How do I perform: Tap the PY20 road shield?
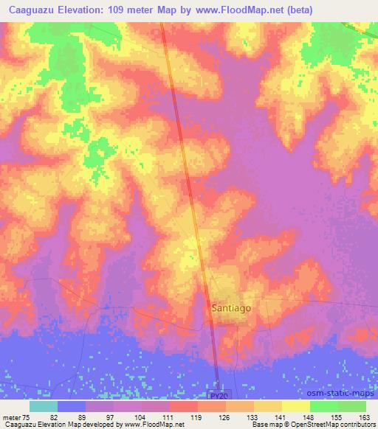(216, 397)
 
